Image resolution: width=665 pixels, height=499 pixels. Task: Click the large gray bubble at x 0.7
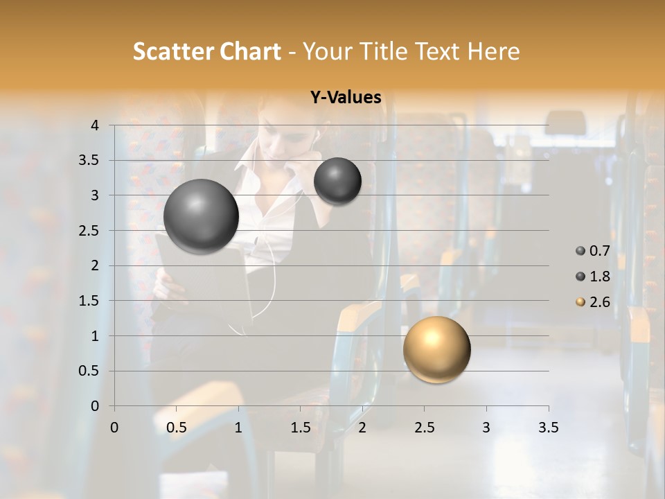coord(201,216)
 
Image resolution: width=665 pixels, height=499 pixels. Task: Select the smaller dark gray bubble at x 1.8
coord(337,181)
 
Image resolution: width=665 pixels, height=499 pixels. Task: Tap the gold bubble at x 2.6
coord(436,349)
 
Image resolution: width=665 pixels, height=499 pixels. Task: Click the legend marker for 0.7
coord(580,251)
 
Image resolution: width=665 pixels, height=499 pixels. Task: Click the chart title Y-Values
coord(346,98)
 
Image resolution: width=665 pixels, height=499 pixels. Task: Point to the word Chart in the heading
coord(250,51)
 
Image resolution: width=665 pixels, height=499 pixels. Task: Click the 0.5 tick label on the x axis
coord(177,428)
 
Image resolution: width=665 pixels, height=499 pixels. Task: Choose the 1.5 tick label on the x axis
coord(301,428)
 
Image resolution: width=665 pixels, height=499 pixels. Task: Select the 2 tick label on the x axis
coord(362,428)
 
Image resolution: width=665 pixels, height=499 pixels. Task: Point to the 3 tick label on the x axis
coord(486,428)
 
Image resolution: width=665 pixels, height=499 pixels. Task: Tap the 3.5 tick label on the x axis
coord(549,428)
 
